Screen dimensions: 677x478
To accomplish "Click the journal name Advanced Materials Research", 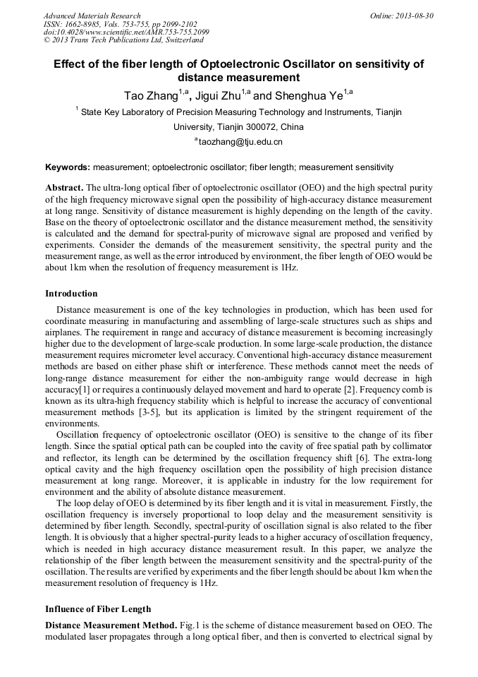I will tap(92, 16).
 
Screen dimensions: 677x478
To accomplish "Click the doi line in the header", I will tap(126, 32).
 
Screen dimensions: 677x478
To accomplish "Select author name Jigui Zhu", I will tap(217, 95).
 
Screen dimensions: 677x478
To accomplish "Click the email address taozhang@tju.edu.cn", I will tap(240, 142).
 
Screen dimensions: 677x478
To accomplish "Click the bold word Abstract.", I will tap(64, 188).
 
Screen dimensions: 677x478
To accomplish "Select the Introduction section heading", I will tap(71, 294).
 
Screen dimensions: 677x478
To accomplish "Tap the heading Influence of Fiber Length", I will tap(98, 609).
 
